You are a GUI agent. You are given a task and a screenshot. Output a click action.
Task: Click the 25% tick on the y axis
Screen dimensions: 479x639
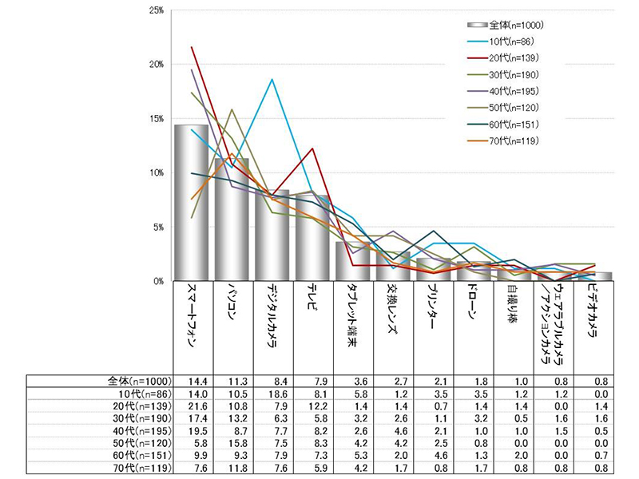click(156, 10)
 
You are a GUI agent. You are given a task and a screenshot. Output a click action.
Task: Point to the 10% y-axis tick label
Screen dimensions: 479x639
click(156, 172)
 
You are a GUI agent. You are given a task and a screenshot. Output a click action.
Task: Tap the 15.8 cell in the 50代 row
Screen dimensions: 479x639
click(232, 443)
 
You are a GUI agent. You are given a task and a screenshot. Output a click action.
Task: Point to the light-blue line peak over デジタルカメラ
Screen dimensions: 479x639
click(272, 79)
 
